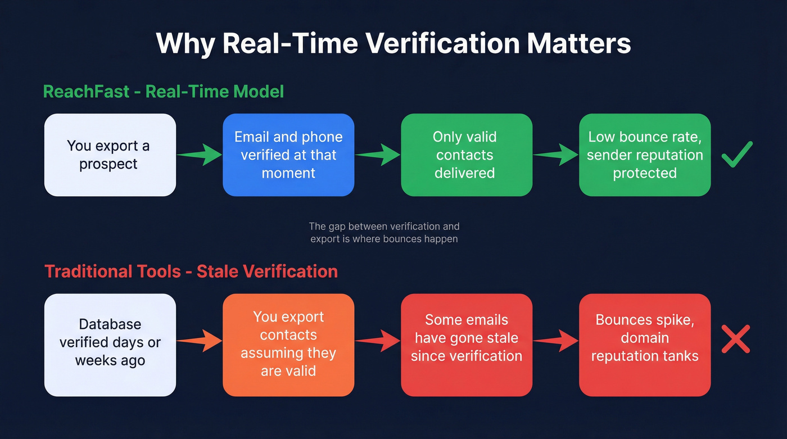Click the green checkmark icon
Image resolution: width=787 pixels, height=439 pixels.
pos(737,154)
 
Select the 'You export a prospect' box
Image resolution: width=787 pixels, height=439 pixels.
pos(110,155)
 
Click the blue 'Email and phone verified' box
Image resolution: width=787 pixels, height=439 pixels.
pos(288,155)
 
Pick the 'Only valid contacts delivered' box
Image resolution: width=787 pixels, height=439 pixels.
pos(467,155)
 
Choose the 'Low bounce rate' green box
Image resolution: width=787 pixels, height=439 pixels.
pos(645,155)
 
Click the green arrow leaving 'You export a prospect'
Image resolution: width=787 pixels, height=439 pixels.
pos(200,155)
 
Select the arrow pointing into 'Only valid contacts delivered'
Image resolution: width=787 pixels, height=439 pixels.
pos(377,155)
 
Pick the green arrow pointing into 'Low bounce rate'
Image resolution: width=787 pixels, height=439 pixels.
pos(555,155)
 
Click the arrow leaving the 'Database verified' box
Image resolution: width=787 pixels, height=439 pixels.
pos(200,340)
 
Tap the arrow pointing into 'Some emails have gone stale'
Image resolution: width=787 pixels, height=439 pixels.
pos(377,340)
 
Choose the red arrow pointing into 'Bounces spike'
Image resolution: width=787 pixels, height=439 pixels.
pos(555,340)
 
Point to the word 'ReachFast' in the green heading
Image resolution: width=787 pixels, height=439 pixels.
pos(86,91)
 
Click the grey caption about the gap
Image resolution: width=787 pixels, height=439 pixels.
pos(384,233)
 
